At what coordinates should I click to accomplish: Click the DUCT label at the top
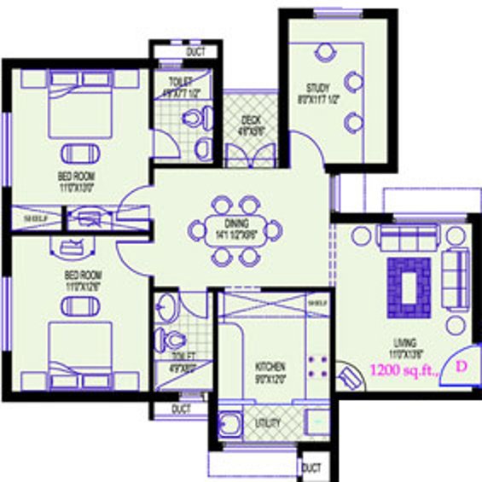[196, 53]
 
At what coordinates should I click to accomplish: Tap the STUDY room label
[319, 88]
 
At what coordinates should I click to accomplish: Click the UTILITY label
[268, 422]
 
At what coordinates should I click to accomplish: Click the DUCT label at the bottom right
[311, 468]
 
